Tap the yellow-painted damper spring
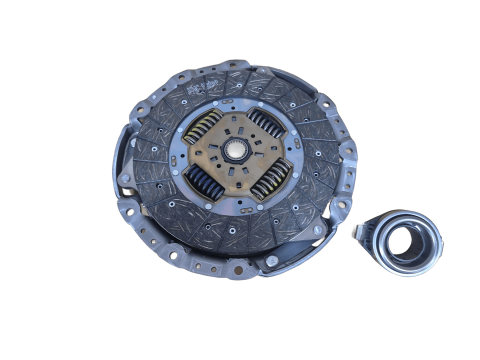coord(201,125)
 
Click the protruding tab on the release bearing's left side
coord(356,230)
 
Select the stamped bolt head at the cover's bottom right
coord(272,260)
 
